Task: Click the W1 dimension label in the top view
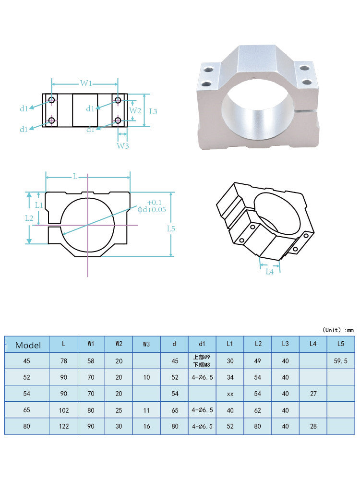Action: tap(86, 84)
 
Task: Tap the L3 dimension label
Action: tap(153, 111)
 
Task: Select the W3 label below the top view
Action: tap(123, 146)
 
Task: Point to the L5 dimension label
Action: tap(171, 228)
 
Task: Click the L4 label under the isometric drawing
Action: tap(270, 272)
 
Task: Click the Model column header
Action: tap(28, 345)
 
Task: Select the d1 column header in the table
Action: tap(202, 344)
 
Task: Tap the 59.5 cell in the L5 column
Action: tap(340, 361)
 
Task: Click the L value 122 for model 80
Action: tap(63, 426)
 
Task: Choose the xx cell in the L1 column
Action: tap(229, 394)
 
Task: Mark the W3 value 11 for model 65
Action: tap(146, 410)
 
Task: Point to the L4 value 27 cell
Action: tap(312, 394)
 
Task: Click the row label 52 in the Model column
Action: tap(27, 377)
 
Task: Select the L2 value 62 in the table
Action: tap(257, 410)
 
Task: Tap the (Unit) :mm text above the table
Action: tap(337, 330)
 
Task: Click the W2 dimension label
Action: tap(136, 110)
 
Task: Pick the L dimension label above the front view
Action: tap(75, 177)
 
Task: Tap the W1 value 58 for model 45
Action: tap(91, 361)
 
